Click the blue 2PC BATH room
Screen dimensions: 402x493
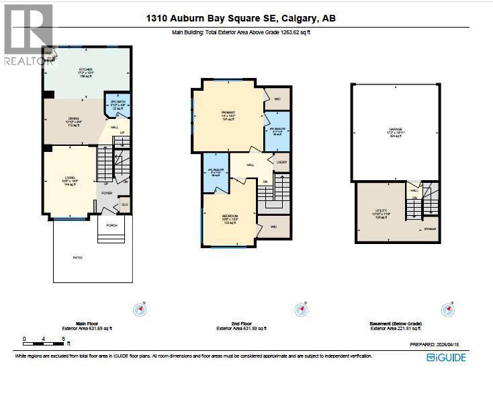(x=118, y=106)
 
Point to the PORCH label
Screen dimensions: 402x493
(x=111, y=225)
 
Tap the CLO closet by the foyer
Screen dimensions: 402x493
(x=124, y=204)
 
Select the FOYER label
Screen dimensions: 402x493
(x=107, y=193)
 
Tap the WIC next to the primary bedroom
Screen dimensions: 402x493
(x=277, y=99)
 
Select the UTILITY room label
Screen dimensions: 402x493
(x=381, y=210)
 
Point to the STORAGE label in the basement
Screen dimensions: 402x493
(x=430, y=229)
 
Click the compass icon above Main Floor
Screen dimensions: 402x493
(x=140, y=310)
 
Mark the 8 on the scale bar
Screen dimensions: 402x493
(x=63, y=339)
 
